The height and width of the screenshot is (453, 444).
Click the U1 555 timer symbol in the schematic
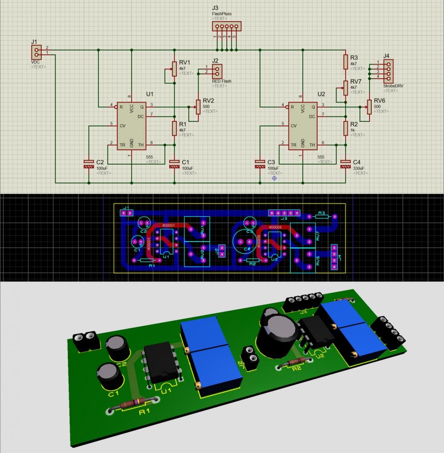coord(132,126)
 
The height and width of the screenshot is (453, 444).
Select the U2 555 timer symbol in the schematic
coord(303,126)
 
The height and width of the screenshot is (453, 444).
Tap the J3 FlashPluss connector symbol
coord(226,27)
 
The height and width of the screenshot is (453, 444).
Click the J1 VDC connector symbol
coord(36,53)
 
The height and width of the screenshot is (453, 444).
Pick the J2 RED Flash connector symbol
coord(217,71)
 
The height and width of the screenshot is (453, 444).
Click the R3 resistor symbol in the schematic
coord(346,62)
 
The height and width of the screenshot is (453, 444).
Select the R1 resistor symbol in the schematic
coord(175,128)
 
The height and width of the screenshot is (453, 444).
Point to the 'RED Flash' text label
coord(222,81)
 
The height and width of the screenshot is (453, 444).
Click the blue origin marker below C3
coord(274,178)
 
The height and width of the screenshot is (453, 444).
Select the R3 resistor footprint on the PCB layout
coord(320,216)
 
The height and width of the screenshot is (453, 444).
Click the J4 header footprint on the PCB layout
coord(334,257)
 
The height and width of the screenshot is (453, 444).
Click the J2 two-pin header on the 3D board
coord(250,358)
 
